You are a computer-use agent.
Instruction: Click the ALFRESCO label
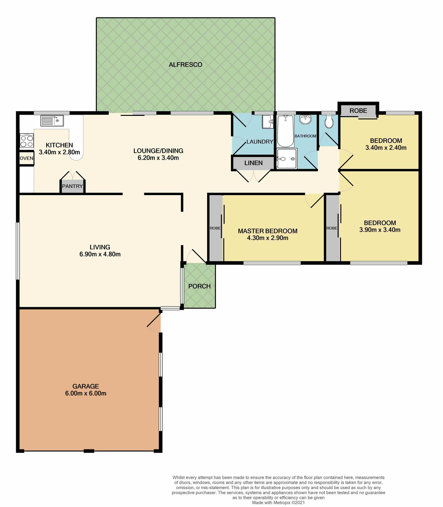tap(186, 65)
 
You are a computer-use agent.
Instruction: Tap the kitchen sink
tap(52, 121)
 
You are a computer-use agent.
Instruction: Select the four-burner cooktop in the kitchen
tap(27, 141)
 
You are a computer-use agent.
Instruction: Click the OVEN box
tap(27, 158)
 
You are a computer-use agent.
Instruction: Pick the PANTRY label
tap(73, 186)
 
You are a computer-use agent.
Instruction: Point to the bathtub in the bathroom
tap(285, 131)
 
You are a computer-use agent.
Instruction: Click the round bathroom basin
tap(305, 120)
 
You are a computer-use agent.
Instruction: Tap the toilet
tap(329, 122)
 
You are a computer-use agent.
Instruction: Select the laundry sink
tap(268, 122)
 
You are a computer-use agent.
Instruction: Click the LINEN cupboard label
tap(253, 163)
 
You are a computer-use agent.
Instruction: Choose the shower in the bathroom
tap(287, 159)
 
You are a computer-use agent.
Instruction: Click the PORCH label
tap(199, 286)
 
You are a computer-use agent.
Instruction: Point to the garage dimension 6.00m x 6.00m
tap(86, 393)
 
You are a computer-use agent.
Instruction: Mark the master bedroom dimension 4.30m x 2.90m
tap(268, 238)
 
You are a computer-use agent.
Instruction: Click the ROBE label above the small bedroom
tap(358, 111)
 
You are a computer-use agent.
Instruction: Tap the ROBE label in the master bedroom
tap(215, 228)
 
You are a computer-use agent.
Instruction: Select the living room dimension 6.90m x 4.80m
tap(100, 254)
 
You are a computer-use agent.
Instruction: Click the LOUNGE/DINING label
tap(158, 151)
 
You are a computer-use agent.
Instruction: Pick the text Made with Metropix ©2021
tap(278, 502)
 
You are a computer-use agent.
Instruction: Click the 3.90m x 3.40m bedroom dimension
tap(380, 230)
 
